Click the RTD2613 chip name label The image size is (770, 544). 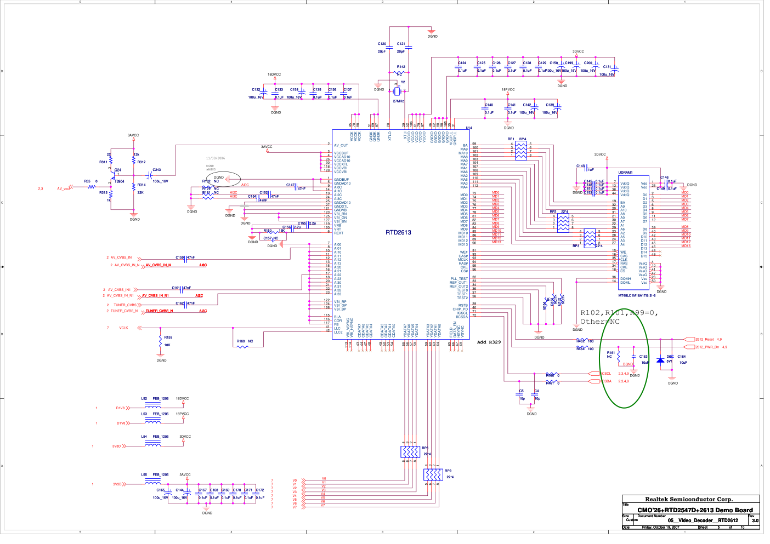[x=398, y=232]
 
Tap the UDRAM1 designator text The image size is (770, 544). [x=625, y=173]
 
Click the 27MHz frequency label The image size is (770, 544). [x=398, y=101]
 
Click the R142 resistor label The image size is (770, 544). [x=401, y=67]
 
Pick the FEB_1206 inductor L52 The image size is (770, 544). [x=152, y=406]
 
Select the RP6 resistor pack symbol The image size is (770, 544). [x=410, y=451]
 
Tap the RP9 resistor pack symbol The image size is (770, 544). [x=432, y=474]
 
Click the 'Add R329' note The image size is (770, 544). [x=489, y=342]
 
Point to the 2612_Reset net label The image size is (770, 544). [x=705, y=340]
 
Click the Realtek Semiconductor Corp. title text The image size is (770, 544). [x=688, y=499]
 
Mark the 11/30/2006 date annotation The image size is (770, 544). [x=216, y=158]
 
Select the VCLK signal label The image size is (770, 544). [x=123, y=328]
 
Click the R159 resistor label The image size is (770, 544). [x=168, y=337]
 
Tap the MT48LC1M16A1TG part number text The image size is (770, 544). [x=637, y=295]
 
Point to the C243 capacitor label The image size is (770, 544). [x=157, y=170]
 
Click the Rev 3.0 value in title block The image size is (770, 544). [x=755, y=520]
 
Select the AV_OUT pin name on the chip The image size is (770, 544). [x=341, y=146]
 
